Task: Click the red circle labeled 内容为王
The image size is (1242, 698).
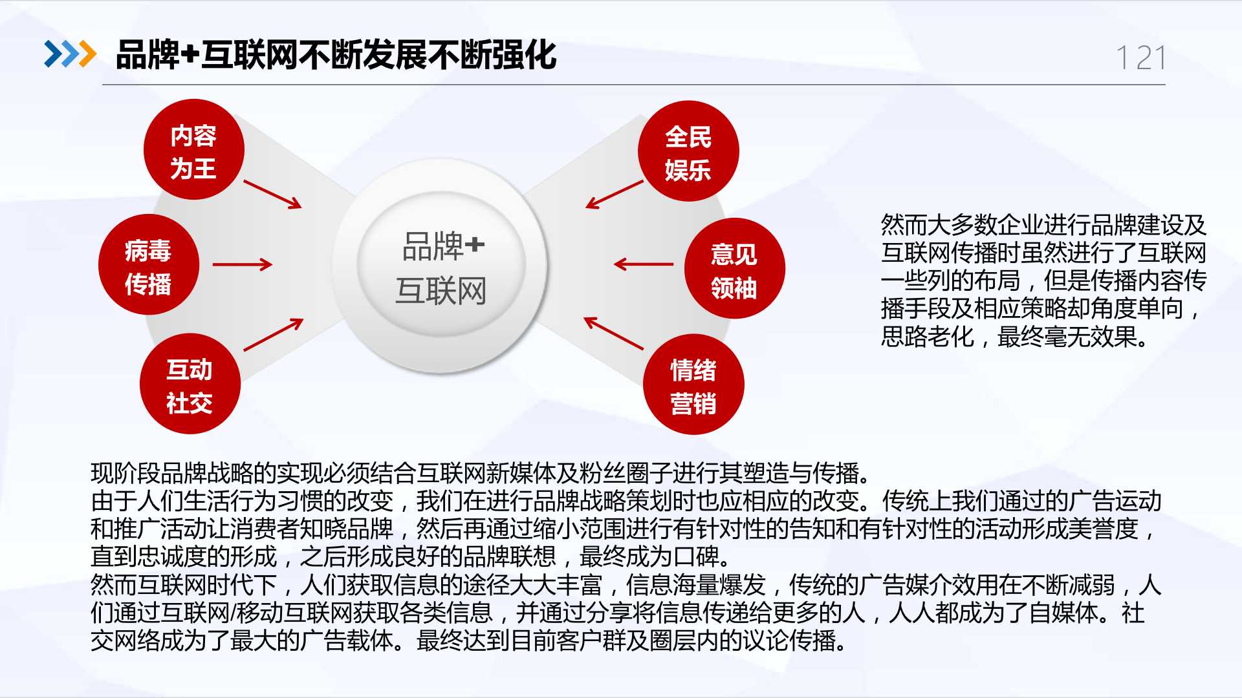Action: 193,150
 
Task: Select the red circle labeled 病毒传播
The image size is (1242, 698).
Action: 149,265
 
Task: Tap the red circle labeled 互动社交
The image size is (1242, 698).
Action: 190,384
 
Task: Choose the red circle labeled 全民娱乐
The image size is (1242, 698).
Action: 688,151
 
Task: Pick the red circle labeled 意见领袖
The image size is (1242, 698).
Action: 735,269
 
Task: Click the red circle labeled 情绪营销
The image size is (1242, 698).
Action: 693,385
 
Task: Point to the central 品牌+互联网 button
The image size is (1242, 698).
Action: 441,266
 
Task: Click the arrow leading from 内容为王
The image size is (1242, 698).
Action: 273,195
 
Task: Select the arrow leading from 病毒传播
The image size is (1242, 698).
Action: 243,264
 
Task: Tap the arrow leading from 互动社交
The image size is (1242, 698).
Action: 274,335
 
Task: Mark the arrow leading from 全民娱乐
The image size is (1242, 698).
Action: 615,195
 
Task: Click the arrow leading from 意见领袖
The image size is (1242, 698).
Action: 644,264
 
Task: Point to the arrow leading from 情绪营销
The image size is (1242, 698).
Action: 614,333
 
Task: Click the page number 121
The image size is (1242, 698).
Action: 1142,58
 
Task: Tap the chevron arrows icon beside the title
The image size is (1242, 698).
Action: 70,54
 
